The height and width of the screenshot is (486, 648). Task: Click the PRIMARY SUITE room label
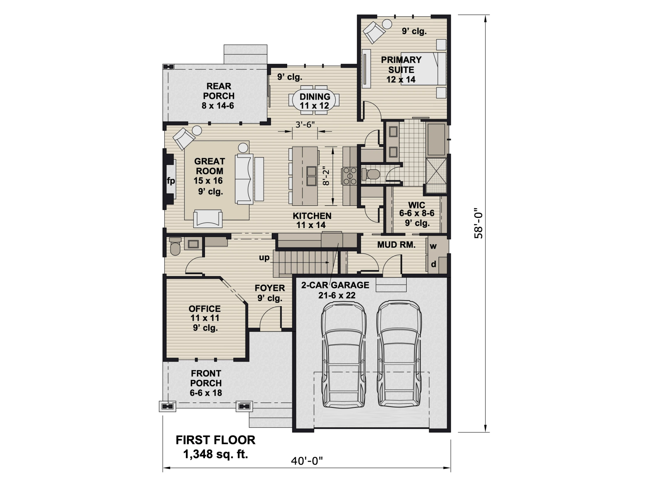click(401, 65)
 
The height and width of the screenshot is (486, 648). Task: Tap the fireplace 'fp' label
click(171, 181)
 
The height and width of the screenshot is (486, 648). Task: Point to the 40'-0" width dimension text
click(307, 460)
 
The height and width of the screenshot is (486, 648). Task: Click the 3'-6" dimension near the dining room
click(305, 125)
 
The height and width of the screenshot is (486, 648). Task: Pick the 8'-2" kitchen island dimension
click(326, 177)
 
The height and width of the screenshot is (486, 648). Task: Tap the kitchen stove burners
click(350, 176)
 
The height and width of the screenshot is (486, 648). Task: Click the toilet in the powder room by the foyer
click(175, 246)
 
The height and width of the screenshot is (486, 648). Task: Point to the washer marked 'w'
click(433, 246)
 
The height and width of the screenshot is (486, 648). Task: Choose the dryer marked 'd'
click(433, 264)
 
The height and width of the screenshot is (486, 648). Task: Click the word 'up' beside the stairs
click(264, 258)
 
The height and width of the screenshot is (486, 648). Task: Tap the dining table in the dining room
click(314, 100)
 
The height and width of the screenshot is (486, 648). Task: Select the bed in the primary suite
click(423, 69)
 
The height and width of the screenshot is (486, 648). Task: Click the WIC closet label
click(417, 205)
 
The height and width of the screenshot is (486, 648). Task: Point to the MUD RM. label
click(396, 245)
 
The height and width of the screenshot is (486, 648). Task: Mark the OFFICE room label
click(205, 309)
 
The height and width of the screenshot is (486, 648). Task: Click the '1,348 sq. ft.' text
click(215, 454)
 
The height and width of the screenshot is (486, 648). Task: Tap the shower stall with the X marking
click(436, 176)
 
